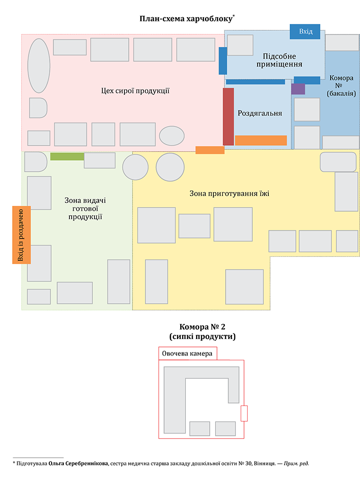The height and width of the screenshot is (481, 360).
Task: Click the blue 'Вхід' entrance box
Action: (305, 31)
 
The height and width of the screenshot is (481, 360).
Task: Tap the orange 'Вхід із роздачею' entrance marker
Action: (21, 235)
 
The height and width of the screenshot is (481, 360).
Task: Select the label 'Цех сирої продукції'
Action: (135, 91)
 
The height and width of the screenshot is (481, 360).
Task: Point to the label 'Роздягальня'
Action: (260, 113)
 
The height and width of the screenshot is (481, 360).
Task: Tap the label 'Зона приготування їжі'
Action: (229, 193)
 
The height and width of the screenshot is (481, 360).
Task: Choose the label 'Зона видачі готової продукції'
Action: (85, 209)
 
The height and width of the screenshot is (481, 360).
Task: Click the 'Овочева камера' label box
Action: (187, 354)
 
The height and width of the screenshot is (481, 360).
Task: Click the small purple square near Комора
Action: (298, 89)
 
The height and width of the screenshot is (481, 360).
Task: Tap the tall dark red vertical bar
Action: (228, 116)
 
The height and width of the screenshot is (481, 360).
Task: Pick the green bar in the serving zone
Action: (67, 156)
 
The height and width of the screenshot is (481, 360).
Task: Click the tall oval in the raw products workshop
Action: (39, 66)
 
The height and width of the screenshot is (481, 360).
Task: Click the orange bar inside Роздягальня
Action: (261, 140)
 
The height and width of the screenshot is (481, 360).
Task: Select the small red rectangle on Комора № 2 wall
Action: (244, 413)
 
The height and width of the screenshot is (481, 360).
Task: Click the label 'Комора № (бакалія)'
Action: (341, 86)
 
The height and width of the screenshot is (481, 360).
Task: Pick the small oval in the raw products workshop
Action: (172, 135)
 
